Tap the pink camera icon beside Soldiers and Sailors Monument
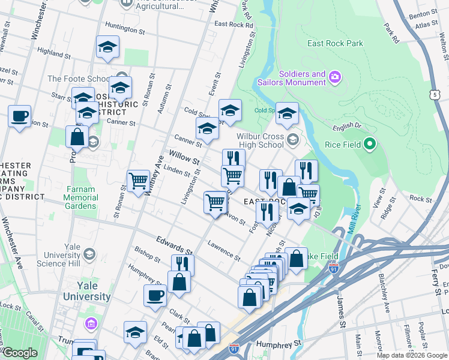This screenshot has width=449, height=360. click(334, 77)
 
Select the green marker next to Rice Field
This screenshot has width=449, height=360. click(370, 143)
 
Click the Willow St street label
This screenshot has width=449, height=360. click(184, 158)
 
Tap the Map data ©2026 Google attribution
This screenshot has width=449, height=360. click(411, 355)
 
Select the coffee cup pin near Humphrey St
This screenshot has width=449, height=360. click(155, 295)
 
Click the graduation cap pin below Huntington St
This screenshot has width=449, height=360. click(107, 46)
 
